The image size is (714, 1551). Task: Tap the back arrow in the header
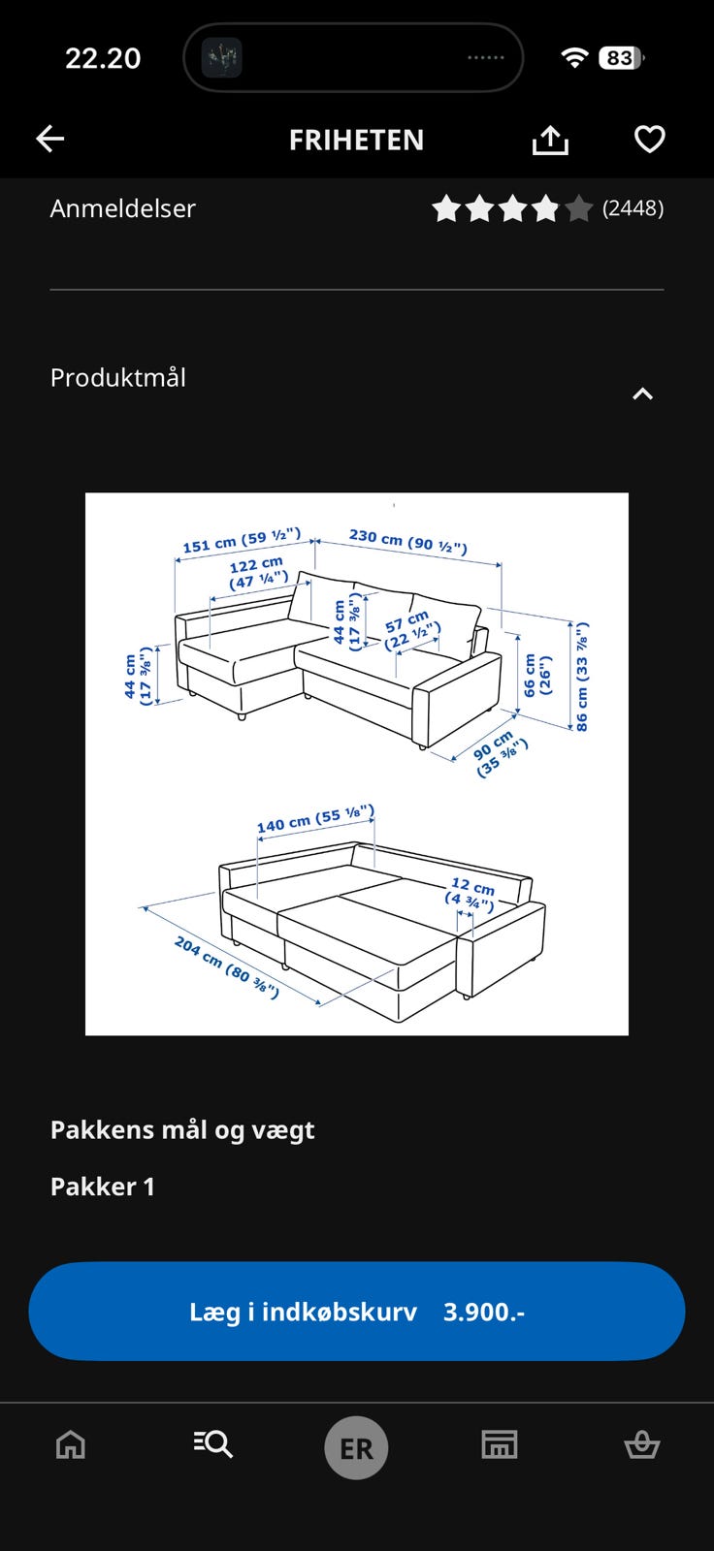click(x=49, y=139)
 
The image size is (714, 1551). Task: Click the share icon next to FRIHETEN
click(x=550, y=140)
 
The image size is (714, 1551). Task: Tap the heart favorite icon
click(x=650, y=140)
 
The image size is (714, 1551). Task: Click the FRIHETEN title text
click(x=356, y=140)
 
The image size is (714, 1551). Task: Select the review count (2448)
click(x=633, y=207)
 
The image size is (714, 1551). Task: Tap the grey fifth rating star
click(x=578, y=208)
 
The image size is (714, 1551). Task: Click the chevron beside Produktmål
click(x=642, y=394)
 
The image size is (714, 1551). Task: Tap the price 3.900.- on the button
click(x=484, y=1313)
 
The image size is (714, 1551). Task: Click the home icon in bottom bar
click(x=71, y=1445)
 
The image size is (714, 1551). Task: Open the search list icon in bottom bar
click(x=212, y=1444)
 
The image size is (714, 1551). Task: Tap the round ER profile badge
click(x=356, y=1448)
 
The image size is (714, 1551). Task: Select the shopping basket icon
click(x=642, y=1445)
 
